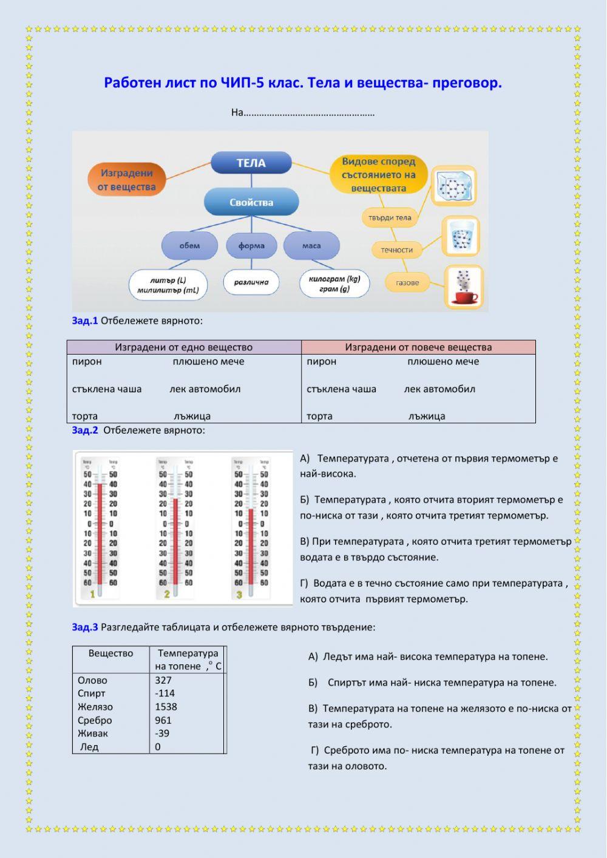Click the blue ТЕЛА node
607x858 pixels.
pos(251,163)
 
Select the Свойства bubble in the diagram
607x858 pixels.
pos(251,202)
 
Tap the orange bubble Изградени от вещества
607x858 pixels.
pos(127,180)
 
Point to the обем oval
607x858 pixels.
pos(189,245)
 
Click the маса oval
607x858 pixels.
pos(311,245)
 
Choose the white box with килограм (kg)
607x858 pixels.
pos(334,284)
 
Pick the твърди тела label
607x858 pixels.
pos(390,217)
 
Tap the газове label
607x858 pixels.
pos(407,282)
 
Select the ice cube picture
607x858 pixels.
pos(453,186)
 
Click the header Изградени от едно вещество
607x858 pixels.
pos(183,347)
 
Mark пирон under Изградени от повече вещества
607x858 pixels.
pos(321,362)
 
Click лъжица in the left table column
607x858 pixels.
pos(192,417)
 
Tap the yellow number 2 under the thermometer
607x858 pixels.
pos(167,594)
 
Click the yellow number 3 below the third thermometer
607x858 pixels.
pos(239,594)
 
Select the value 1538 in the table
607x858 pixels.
pos(166,707)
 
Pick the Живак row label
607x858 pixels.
pos(93,734)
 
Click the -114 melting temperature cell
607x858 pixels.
pos(164,693)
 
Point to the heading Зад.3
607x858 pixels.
pos(84,627)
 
